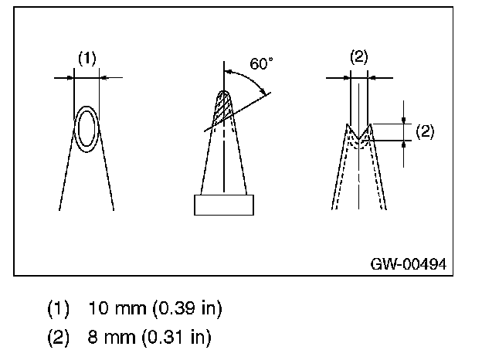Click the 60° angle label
(261, 64)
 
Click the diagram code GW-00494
(407, 263)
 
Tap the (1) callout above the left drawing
(87, 58)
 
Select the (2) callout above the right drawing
(359, 56)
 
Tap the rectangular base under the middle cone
(223, 205)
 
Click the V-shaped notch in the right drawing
(359, 131)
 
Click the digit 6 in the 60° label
(254, 64)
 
